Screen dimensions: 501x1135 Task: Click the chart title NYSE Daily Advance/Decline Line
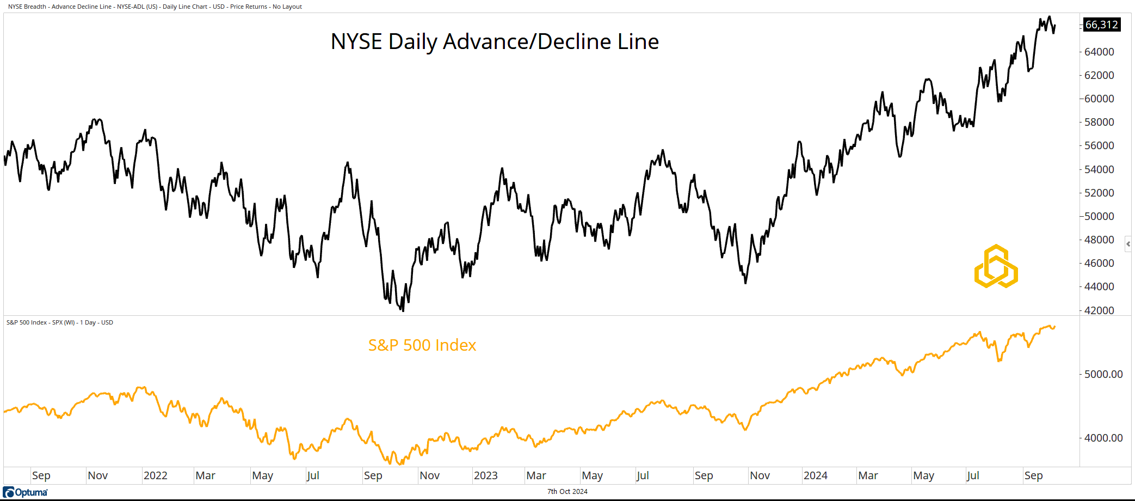point(495,42)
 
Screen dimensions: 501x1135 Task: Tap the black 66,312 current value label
point(1101,25)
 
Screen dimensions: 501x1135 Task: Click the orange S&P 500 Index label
point(422,345)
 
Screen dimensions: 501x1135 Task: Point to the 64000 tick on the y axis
point(1099,52)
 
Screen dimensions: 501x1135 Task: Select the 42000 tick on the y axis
point(1099,310)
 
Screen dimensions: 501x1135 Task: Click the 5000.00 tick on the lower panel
point(1103,374)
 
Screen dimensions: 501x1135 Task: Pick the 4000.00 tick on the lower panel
point(1103,438)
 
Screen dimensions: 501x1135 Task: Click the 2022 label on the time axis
point(155,475)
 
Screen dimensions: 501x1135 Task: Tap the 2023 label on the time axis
point(485,475)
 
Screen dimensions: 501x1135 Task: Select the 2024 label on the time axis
point(815,475)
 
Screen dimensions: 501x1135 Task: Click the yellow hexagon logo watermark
point(996,266)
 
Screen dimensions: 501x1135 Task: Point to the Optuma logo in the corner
point(26,492)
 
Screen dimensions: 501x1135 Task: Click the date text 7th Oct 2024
point(567,492)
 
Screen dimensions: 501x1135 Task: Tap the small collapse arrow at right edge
point(1128,244)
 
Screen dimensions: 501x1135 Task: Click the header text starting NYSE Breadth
point(155,7)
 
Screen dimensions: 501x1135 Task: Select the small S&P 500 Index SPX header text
point(59,322)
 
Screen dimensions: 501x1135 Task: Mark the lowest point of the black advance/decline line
point(403,310)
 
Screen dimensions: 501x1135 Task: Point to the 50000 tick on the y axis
point(1099,216)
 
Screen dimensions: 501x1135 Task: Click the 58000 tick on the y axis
point(1099,122)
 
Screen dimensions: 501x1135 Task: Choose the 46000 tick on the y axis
point(1099,263)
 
